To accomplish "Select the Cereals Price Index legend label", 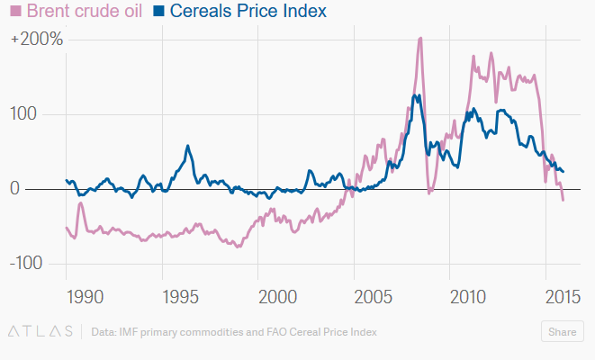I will click(x=247, y=13).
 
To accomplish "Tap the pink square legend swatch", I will click(x=15, y=13).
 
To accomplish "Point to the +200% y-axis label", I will click(x=37, y=40).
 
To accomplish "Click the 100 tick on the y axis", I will click(x=35, y=115).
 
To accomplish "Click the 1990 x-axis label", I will click(x=84, y=296).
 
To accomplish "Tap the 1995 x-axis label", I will click(x=180, y=296).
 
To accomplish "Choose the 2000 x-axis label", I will click(x=276, y=296).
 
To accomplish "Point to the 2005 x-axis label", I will click(x=372, y=296).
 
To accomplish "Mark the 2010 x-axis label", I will click(x=468, y=296).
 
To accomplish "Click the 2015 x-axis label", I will click(x=563, y=296).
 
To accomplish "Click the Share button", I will click(x=563, y=332).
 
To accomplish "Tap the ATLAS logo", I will click(x=41, y=332).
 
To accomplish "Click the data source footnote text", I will click(x=234, y=332).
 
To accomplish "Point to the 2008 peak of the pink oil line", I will click(x=420, y=39).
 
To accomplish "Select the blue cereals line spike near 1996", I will click(x=188, y=146).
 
